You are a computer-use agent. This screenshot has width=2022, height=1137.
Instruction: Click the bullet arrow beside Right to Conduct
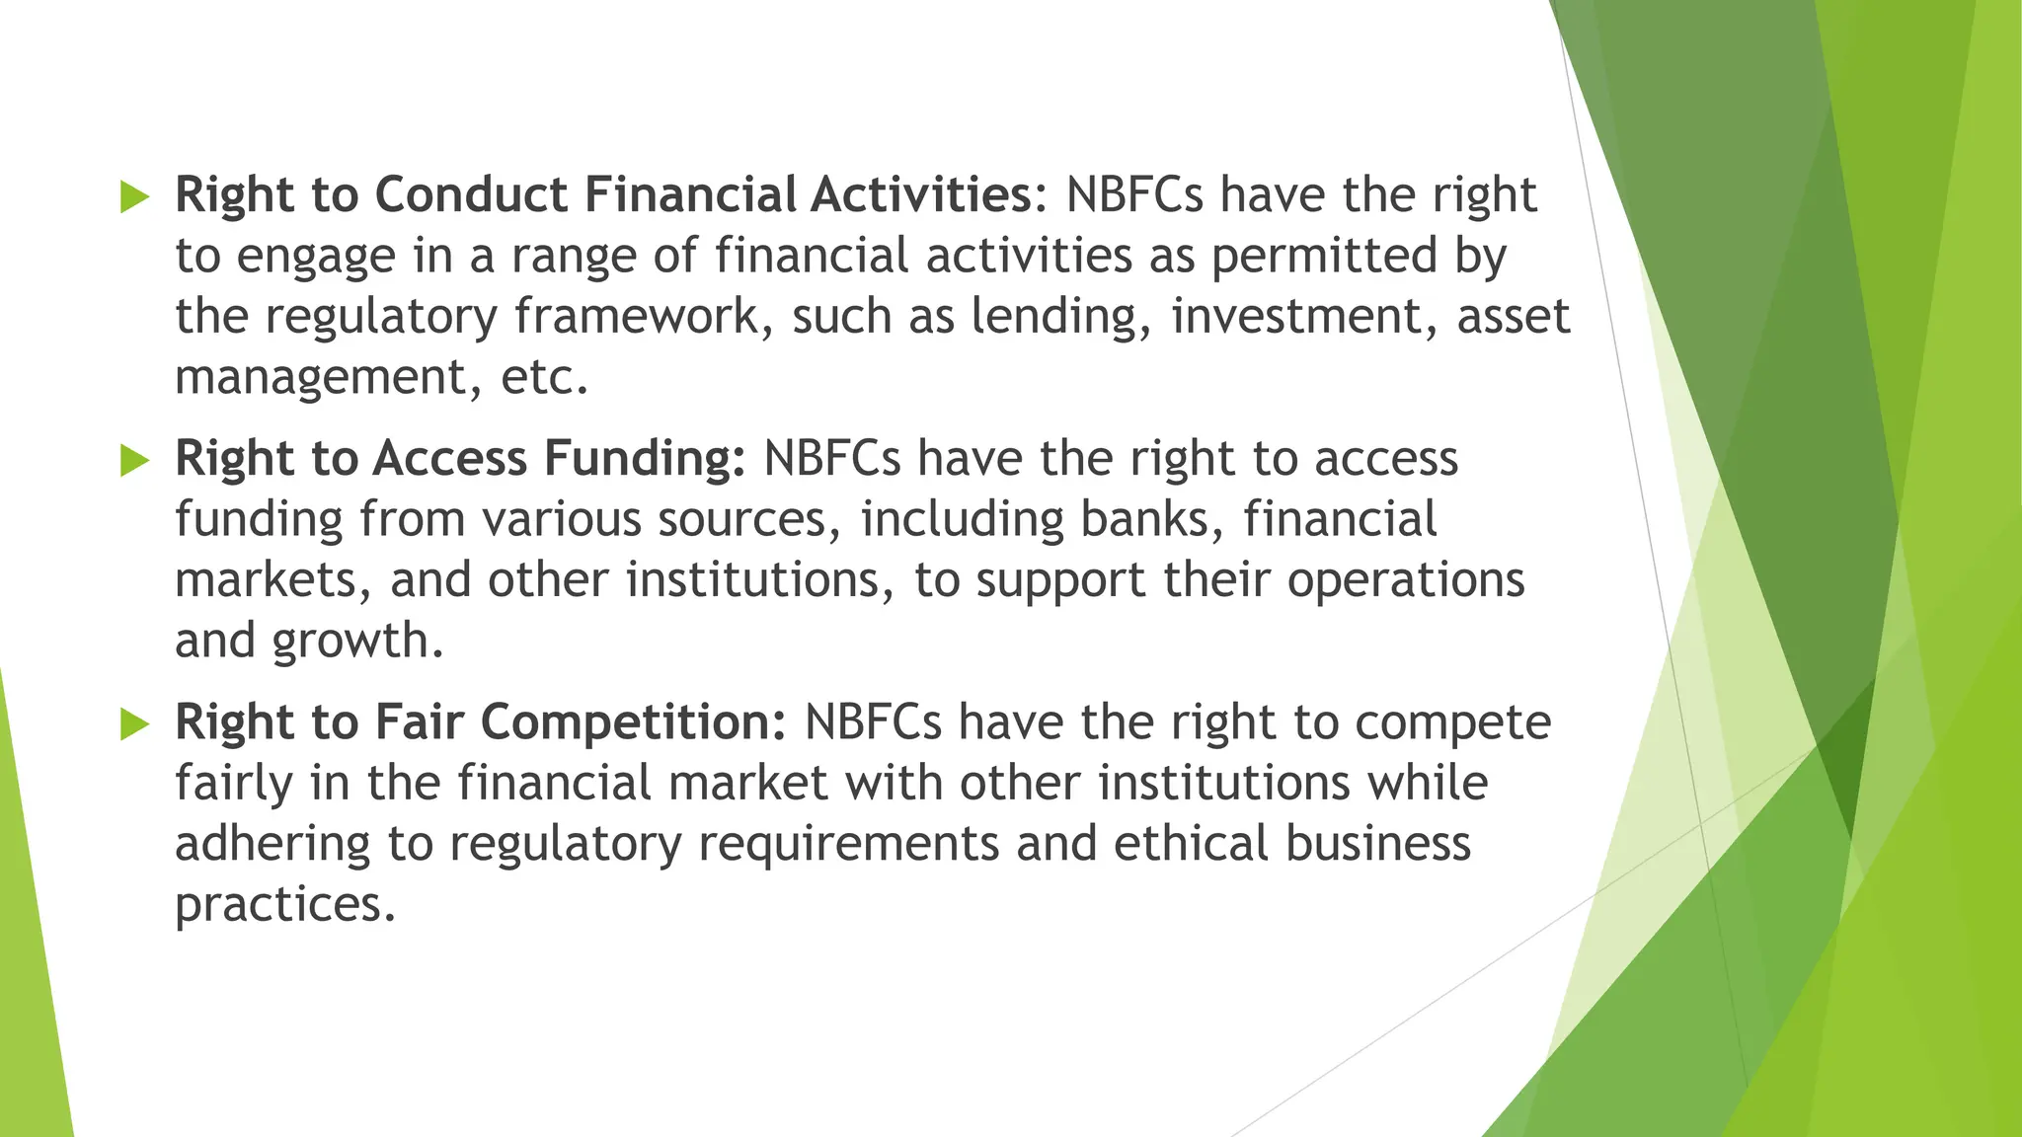tap(134, 196)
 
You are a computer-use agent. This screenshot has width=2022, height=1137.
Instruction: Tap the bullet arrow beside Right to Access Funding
tap(134, 460)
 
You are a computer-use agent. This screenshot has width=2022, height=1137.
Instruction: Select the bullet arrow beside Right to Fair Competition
tap(134, 724)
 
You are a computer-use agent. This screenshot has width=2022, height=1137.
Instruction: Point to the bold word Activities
tap(921, 194)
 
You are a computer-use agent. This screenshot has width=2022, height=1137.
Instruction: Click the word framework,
tap(644, 318)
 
